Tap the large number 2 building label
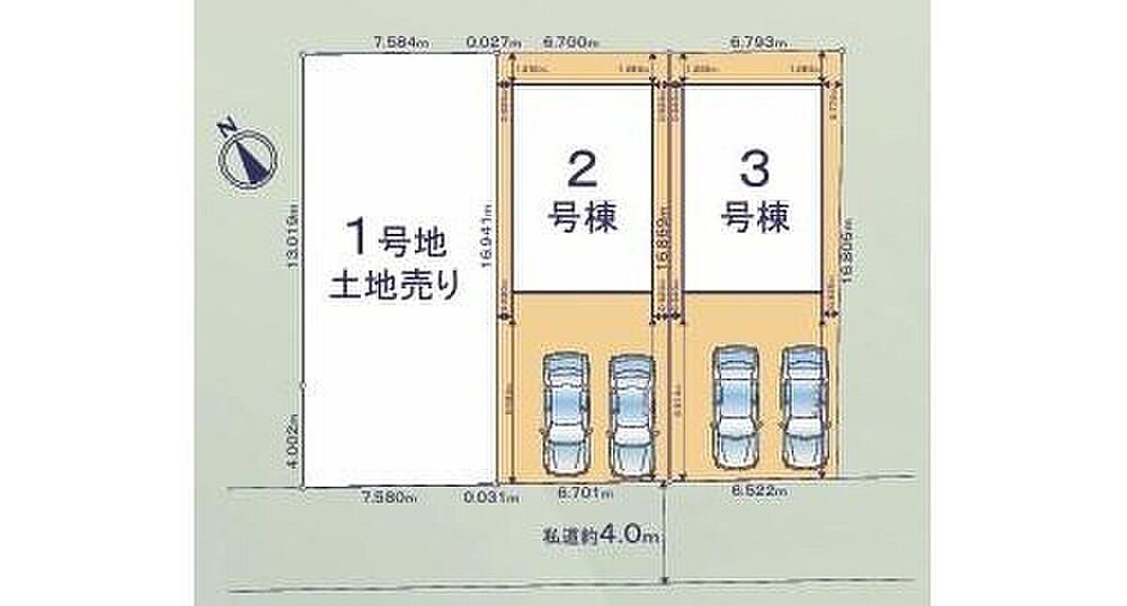pyautogui.click(x=582, y=171)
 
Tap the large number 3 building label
pyautogui.click(x=755, y=171)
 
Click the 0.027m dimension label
pyautogui.click(x=493, y=41)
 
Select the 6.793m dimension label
pyautogui.click(x=756, y=41)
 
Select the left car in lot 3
pyautogui.click(x=736, y=406)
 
